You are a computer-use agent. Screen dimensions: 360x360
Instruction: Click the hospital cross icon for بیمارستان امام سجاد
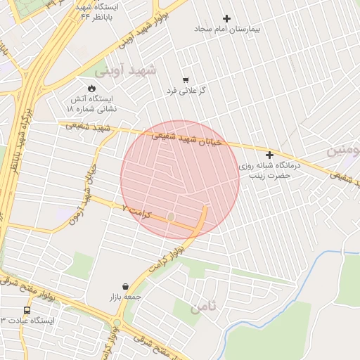click(226, 18)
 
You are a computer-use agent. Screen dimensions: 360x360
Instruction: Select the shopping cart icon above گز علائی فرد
click(186, 79)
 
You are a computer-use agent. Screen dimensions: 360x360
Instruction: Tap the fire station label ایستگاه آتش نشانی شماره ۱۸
click(92, 104)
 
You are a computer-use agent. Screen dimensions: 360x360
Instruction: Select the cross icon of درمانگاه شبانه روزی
click(269, 155)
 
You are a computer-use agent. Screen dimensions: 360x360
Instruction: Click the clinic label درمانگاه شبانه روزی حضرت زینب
click(269, 167)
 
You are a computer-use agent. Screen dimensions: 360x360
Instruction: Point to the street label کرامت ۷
click(137, 210)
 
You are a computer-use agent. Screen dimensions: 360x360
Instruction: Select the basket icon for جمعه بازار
click(125, 286)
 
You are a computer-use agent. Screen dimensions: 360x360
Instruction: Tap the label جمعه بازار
click(125, 297)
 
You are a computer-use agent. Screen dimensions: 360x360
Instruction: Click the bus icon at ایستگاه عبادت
click(27, 309)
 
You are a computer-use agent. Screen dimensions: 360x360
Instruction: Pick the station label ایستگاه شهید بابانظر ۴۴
click(96, 11)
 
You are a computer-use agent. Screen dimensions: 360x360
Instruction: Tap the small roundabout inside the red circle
click(171, 217)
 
